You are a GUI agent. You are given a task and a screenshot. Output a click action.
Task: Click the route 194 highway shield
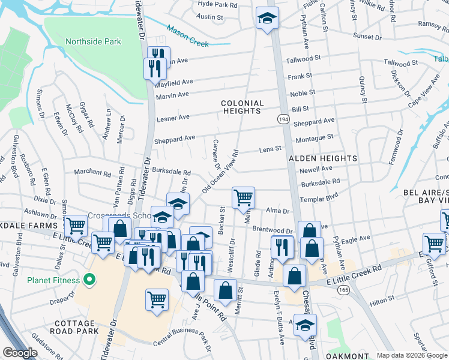(x=282, y=120)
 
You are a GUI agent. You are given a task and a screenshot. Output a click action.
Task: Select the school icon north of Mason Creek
(x=264, y=18)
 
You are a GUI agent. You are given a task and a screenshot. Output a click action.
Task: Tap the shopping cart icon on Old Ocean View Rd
(x=243, y=196)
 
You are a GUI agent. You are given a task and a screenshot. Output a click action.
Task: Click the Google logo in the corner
(x=20, y=353)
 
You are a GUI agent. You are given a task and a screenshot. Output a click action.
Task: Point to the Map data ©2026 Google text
(x=411, y=355)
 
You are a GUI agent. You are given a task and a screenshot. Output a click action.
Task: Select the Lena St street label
(x=270, y=149)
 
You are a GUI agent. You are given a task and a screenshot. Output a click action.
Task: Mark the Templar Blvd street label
(x=320, y=196)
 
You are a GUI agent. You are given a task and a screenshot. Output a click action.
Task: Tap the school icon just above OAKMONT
(x=305, y=325)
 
